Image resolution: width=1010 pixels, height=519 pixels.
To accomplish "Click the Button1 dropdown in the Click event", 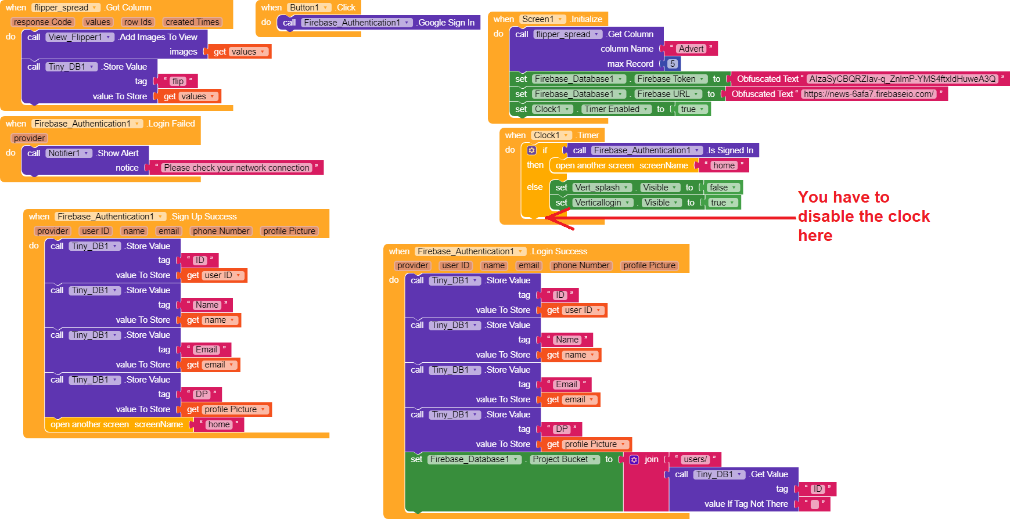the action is coord(310,8).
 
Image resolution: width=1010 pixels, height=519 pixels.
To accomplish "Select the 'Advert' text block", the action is coord(691,49).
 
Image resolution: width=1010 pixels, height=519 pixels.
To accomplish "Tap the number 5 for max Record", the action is coord(672,64).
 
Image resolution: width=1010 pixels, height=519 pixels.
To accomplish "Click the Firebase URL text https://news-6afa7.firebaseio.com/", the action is coord(868,94).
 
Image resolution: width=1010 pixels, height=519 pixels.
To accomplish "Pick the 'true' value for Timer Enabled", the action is coord(692,109).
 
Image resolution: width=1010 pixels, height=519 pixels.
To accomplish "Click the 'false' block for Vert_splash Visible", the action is coord(723,188).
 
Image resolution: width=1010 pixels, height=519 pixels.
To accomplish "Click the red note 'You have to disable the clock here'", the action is coord(864,216).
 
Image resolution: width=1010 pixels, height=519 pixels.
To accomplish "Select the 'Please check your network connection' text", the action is coord(236,168).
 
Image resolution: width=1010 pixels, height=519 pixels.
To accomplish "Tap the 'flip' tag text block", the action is coord(178,81).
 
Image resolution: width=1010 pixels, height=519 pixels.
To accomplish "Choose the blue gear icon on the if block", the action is coord(531,150).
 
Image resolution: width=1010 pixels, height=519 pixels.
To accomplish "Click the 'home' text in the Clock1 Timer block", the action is coord(724,165).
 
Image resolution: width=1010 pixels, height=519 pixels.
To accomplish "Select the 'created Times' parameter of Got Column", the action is coord(192,22).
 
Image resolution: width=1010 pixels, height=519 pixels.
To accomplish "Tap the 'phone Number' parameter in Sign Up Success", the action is coord(221,231).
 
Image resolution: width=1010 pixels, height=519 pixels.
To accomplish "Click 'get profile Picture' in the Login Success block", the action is coord(587,444).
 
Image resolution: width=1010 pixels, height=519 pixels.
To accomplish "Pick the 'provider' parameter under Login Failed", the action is coord(30,138).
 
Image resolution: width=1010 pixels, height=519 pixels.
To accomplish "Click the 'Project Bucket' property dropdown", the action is coord(565,459).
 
